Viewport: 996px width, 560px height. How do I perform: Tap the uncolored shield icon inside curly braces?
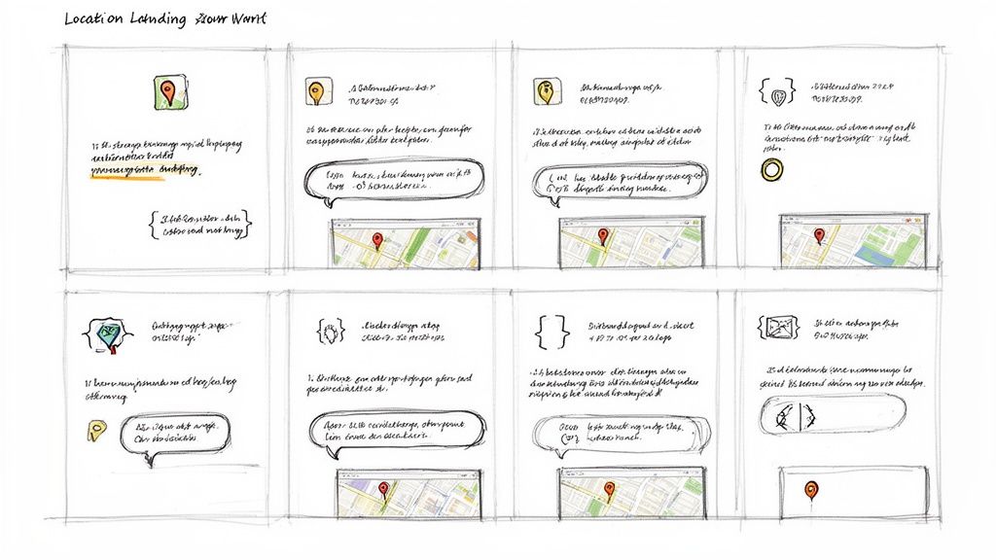(776, 94)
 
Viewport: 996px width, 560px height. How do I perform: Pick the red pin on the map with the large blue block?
(819, 235)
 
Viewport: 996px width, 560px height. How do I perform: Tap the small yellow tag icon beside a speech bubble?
(94, 431)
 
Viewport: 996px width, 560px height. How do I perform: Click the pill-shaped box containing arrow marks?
(832, 416)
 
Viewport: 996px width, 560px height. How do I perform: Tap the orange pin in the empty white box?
(810, 489)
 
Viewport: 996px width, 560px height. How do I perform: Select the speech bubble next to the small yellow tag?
(175, 434)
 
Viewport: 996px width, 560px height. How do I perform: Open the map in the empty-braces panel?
(629, 494)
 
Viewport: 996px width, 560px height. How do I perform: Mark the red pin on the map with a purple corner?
(382, 489)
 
